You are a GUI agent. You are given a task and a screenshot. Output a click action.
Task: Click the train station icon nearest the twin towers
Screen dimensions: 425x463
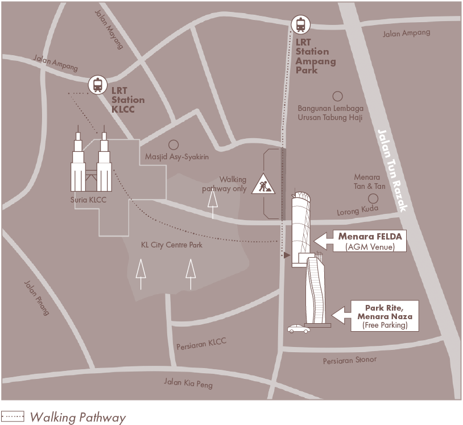coord(98,85)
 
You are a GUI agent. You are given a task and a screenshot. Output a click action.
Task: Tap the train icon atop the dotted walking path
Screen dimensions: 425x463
coord(300,24)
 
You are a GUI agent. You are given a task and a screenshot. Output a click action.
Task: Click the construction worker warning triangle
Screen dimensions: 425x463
coord(263,184)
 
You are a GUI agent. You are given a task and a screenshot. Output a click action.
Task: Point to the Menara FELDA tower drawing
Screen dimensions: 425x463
coord(301,228)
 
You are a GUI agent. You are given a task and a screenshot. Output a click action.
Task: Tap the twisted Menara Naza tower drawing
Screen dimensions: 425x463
coord(315,290)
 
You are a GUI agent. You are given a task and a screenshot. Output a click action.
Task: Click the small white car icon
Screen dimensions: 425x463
coord(299,328)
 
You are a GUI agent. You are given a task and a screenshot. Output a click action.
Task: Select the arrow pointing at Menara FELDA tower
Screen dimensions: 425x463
coord(325,241)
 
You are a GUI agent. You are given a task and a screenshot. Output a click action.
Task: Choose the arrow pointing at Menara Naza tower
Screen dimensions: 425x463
coord(341,314)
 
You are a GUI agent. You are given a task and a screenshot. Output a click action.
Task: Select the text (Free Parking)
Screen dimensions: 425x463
coord(385,325)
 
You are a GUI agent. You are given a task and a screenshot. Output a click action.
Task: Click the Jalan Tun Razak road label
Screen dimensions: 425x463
coord(393,171)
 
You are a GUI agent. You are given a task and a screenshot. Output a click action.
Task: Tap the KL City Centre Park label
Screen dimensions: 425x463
coord(171,245)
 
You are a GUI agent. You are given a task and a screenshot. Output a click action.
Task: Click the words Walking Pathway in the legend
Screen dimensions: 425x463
coord(77,418)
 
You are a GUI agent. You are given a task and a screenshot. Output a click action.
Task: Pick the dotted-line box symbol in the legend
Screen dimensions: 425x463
coord(13,417)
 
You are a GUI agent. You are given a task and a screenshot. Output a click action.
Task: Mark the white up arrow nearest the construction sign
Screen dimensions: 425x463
coord(213,204)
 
